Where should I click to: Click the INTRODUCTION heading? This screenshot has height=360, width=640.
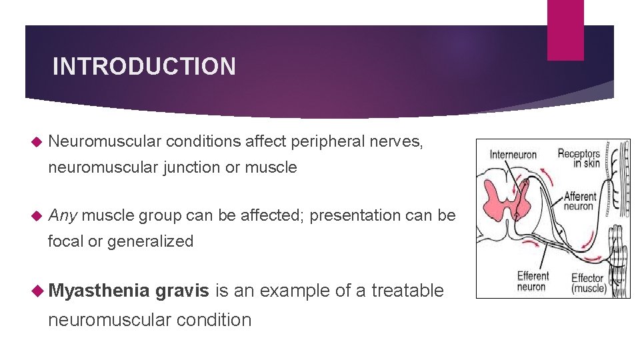[x=144, y=67]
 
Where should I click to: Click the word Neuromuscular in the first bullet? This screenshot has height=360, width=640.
[x=105, y=141]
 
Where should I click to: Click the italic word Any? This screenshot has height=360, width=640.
[x=63, y=216]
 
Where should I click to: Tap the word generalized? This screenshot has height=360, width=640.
[x=150, y=241]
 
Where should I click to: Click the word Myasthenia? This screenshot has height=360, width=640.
[x=99, y=291]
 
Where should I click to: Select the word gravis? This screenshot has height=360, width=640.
[x=183, y=291]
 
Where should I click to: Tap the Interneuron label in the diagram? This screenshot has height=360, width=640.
[x=513, y=155]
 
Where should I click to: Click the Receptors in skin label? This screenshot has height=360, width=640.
[x=579, y=159]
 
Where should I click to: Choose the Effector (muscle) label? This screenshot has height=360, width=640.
[x=589, y=283]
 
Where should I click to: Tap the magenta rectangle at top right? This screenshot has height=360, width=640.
[x=565, y=30]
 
